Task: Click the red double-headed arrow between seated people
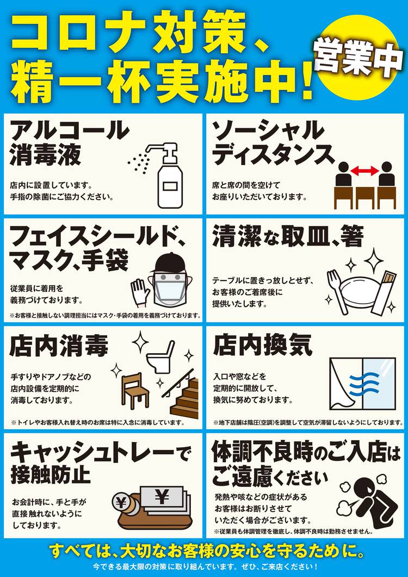click(364, 171)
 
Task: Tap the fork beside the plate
click(337, 291)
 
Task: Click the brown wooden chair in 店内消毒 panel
click(135, 392)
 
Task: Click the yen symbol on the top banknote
click(162, 497)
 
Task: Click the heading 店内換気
click(263, 345)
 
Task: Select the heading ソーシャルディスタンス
click(273, 142)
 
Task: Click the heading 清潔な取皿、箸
click(288, 237)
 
